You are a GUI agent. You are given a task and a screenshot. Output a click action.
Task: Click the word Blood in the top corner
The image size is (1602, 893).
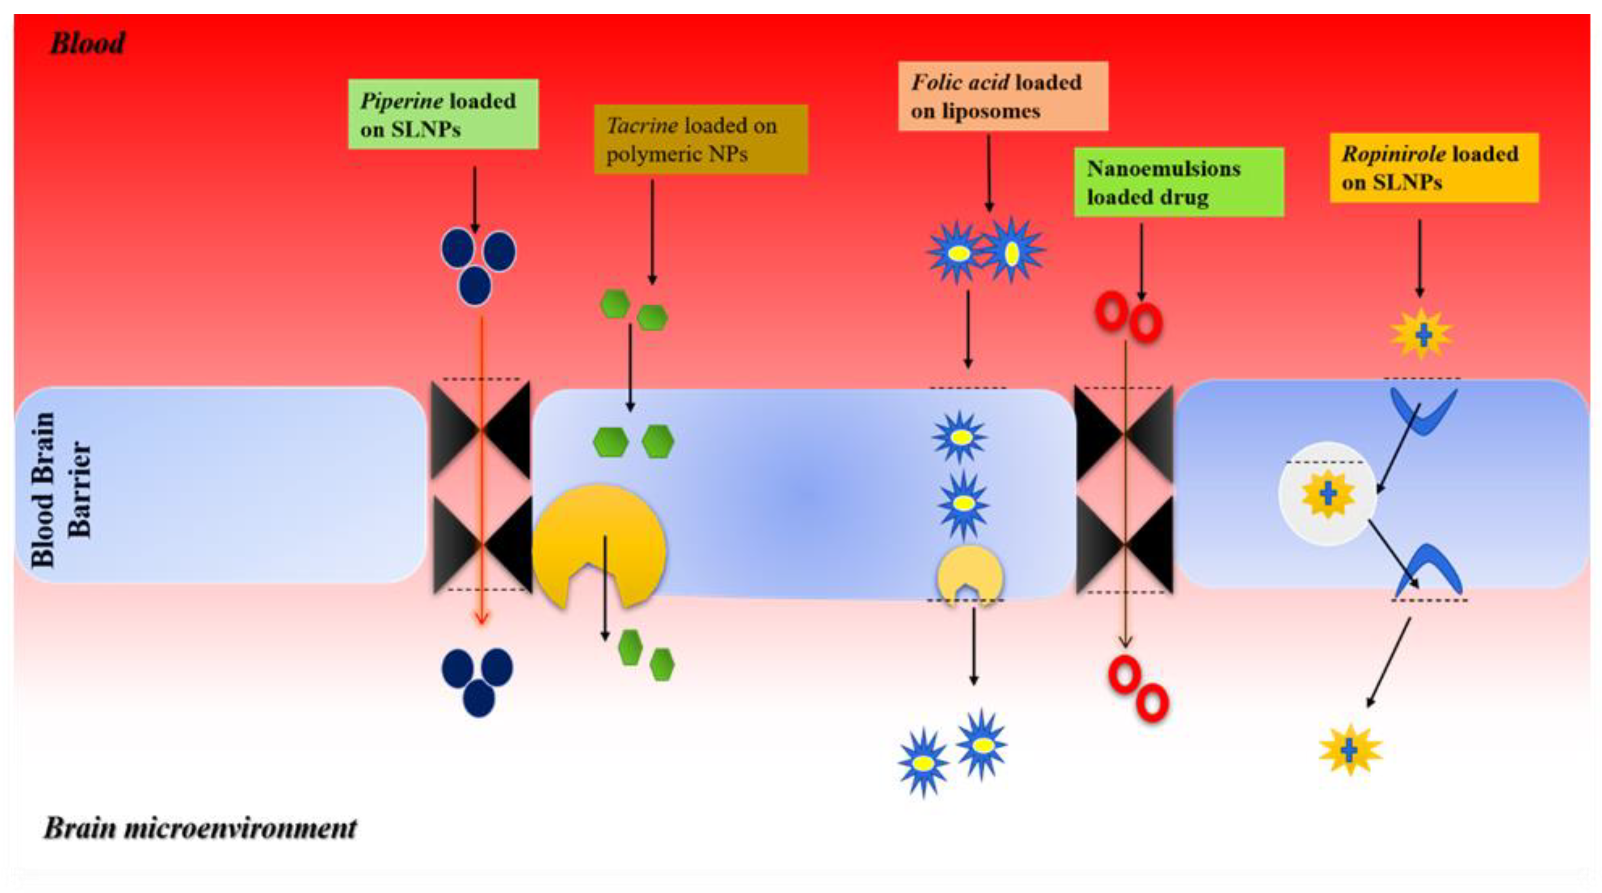click(87, 44)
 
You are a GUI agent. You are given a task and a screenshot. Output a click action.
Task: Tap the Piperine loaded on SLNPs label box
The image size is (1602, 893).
click(443, 114)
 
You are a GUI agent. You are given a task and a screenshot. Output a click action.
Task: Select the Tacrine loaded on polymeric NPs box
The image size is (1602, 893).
click(700, 139)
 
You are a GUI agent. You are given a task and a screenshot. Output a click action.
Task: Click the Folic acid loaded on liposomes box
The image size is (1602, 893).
click(1003, 96)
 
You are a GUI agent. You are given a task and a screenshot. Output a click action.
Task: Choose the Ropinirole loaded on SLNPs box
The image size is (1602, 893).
click(1433, 168)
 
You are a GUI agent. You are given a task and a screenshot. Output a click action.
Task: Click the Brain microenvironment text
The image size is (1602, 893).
click(200, 828)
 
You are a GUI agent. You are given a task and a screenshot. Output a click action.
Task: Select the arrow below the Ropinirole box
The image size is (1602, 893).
click(1419, 258)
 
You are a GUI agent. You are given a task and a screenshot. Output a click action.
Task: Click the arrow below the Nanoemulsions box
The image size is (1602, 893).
click(1142, 261)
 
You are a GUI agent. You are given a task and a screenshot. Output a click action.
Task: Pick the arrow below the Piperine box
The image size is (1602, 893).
click(474, 199)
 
